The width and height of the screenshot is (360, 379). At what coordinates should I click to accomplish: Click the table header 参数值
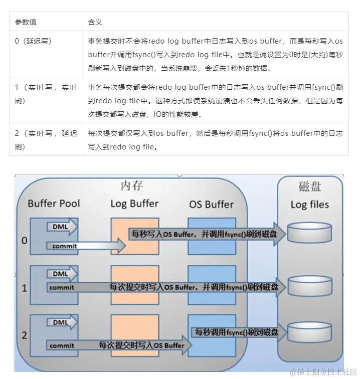(x=26, y=22)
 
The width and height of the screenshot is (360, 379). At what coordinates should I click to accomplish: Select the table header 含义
(x=95, y=22)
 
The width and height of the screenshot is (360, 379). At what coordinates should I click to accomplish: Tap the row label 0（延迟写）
(x=34, y=41)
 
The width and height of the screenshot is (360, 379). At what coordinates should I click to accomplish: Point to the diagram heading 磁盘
(x=309, y=187)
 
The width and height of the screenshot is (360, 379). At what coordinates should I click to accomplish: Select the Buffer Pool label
(x=54, y=204)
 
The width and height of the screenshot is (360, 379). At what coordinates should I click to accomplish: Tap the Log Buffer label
(x=134, y=204)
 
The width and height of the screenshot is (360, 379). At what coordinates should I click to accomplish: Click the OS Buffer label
(x=211, y=204)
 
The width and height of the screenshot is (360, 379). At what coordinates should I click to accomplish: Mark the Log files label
(x=309, y=205)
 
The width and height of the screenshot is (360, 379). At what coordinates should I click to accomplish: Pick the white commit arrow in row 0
(x=80, y=246)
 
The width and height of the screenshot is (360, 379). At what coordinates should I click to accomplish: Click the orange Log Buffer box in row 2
(x=134, y=335)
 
